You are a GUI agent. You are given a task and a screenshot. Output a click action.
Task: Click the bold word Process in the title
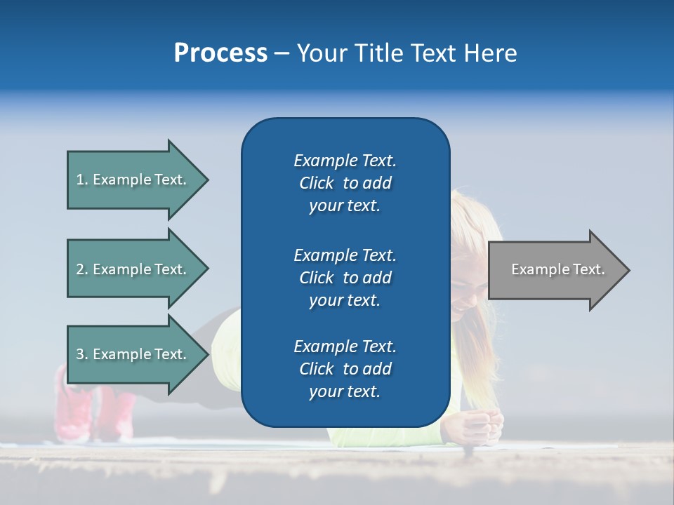coord(220,53)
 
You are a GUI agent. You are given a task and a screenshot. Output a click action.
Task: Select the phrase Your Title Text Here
coord(407,53)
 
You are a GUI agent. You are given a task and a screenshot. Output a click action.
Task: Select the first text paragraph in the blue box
coord(345,183)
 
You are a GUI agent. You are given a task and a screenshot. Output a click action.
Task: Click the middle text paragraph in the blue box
coord(345,278)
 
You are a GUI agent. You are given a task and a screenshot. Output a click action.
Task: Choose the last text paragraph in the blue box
coord(345,369)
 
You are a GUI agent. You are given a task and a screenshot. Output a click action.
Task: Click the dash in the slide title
coord(282,54)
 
